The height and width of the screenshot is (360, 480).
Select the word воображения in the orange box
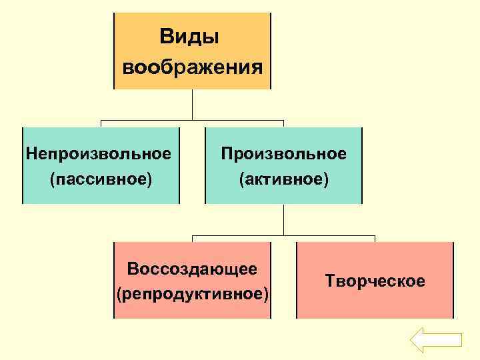(x=192, y=67)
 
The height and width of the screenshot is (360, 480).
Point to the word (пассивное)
(x=101, y=179)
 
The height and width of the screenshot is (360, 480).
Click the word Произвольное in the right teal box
(x=284, y=154)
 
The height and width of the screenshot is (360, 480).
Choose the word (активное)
(x=284, y=179)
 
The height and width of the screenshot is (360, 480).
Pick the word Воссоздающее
(x=192, y=269)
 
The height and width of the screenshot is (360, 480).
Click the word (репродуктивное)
(x=192, y=294)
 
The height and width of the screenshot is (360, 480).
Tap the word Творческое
(x=375, y=281)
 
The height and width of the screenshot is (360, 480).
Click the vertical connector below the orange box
(x=192, y=105)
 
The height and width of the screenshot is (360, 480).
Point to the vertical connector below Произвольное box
(x=284, y=220)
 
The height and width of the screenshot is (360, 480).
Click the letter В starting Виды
(x=166, y=37)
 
